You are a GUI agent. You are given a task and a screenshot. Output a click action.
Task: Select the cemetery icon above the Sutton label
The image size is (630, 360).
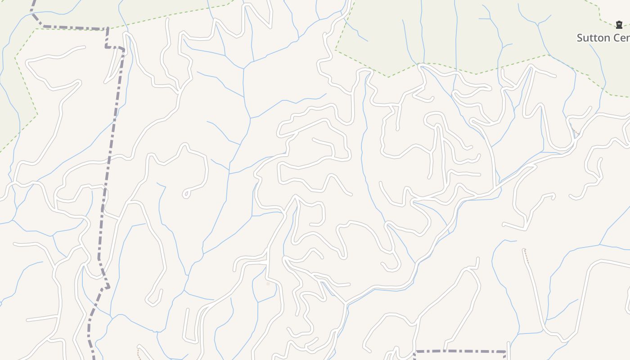coord(619,24)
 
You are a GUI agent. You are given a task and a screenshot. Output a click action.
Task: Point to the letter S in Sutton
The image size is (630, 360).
coord(580,38)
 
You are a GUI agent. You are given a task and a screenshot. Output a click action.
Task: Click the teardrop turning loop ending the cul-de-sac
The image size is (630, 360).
coord(186,194)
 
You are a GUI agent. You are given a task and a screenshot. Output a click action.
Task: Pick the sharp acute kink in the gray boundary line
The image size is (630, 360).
coord(107,286)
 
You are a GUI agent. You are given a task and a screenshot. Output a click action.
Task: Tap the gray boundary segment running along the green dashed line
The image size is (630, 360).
coord(72,28)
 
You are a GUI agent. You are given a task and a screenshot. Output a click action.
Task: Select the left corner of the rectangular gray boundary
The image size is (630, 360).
coord(415,351)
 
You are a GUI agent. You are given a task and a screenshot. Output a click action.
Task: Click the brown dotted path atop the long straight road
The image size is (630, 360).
coord(526,256)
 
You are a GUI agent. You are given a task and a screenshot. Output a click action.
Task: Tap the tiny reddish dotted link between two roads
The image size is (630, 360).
coord(574,130)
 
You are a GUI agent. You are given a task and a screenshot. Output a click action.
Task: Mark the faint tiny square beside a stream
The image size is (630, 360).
coord(268,284)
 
